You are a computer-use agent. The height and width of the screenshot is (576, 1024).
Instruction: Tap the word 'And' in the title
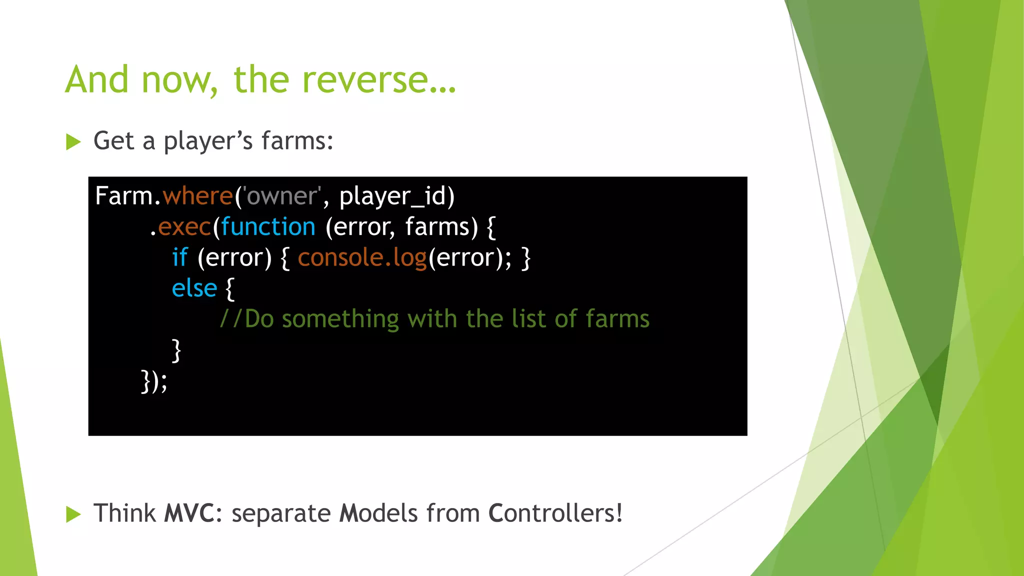click(97, 80)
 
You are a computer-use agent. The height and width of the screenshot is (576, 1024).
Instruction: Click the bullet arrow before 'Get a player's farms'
click(73, 142)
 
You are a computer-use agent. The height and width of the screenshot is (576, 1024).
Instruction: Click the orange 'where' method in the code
click(197, 196)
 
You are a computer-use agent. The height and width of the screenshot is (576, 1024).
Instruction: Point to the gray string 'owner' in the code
click(282, 196)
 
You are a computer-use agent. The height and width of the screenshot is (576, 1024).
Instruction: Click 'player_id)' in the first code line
click(397, 196)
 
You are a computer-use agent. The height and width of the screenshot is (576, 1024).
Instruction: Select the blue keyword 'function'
click(268, 227)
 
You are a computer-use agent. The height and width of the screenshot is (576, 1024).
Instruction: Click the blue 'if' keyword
click(179, 257)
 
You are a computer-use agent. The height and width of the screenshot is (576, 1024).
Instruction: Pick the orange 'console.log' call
click(362, 257)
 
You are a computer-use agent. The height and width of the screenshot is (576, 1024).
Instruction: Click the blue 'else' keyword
click(194, 288)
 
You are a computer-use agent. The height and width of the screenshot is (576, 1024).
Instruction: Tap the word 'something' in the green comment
click(340, 319)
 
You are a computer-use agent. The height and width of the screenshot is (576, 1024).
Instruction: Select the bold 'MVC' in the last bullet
click(189, 513)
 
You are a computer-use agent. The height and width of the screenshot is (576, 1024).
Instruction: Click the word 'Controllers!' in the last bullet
click(555, 513)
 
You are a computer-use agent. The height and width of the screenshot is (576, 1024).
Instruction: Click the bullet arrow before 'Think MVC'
click(73, 514)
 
